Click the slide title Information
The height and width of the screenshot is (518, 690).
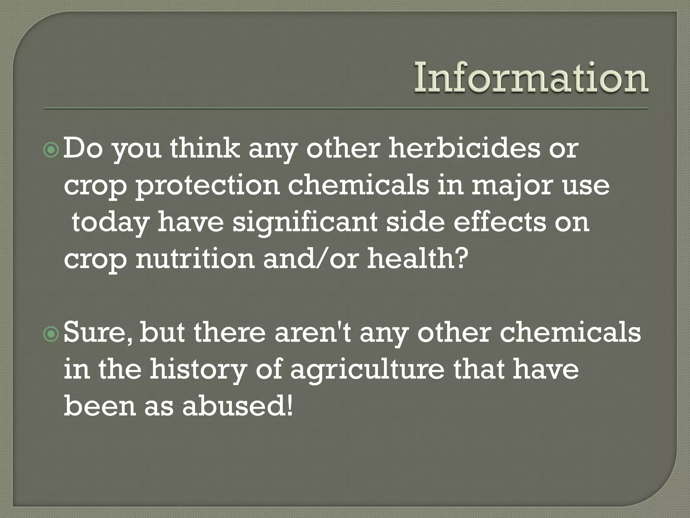[531, 78]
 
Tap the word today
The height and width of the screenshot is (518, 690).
[111, 223]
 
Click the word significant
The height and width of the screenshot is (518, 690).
[305, 223]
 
